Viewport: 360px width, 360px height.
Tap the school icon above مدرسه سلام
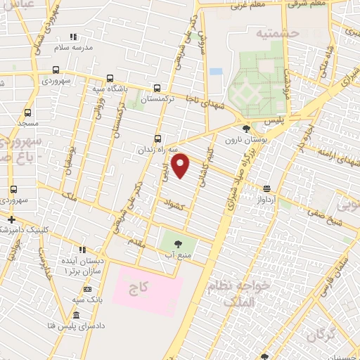pyautogui.click(x=74, y=37)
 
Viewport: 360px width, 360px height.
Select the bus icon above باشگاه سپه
pyautogui.click(x=109, y=78)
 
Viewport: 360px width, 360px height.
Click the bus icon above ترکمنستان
pyautogui.click(x=156, y=88)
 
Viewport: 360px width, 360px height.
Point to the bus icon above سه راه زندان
pyautogui.click(x=158, y=138)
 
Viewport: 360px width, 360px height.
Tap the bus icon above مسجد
pyautogui.click(x=27, y=112)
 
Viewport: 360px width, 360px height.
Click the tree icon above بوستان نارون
pyautogui.click(x=245, y=129)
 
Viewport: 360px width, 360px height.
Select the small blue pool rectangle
pyautogui.click(x=215, y=71)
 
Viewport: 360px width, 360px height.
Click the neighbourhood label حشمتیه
pyautogui.click(x=277, y=33)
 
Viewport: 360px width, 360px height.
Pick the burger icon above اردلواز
pyautogui.click(x=266, y=188)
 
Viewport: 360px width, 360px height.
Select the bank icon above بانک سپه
pyautogui.click(x=87, y=289)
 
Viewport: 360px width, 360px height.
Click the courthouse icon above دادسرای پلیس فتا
pyautogui.click(x=75, y=316)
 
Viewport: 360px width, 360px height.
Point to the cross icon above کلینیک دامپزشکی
pyautogui.click(x=11, y=219)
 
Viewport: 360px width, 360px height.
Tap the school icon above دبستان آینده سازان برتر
pyautogui.click(x=82, y=249)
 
